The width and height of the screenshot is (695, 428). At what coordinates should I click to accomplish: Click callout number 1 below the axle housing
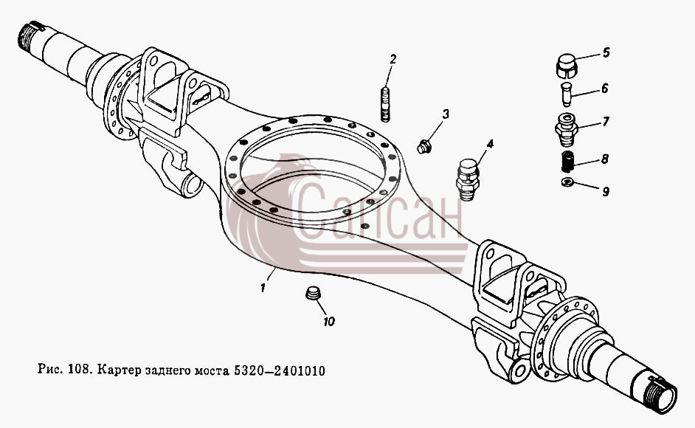(263, 288)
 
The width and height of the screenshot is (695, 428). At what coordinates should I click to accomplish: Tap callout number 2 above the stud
(393, 59)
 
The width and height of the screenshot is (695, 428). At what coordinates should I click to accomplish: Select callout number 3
(446, 114)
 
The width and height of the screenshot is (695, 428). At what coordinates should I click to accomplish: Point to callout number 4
(489, 144)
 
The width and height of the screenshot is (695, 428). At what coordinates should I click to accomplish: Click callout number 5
(606, 52)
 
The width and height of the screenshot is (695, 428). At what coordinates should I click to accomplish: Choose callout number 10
(605, 89)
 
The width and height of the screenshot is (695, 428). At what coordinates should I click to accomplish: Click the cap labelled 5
(566, 66)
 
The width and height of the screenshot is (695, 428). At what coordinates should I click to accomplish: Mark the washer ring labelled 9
(567, 182)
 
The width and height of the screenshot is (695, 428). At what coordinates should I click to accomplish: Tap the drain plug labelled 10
(314, 293)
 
